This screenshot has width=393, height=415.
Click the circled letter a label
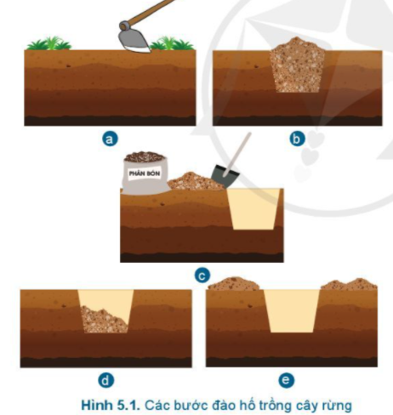(x=110, y=139)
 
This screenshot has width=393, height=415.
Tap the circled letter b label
(x=297, y=139)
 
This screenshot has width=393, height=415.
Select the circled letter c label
(x=202, y=276)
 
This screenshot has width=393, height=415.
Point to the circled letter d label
(x=105, y=380)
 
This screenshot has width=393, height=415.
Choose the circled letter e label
(x=286, y=380)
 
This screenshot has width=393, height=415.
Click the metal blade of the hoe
(x=134, y=40)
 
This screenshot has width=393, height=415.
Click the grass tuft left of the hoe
(x=48, y=43)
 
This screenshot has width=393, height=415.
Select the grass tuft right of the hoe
(x=172, y=43)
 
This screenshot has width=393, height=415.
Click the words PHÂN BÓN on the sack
(x=145, y=173)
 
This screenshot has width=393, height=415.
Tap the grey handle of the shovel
(x=237, y=155)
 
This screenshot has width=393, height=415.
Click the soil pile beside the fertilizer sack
(x=196, y=182)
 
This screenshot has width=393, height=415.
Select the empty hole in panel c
(x=253, y=209)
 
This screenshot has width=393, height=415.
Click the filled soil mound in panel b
(x=297, y=65)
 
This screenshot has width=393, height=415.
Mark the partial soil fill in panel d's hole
(x=104, y=321)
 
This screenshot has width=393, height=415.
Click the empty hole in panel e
(x=292, y=310)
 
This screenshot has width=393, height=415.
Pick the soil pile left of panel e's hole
(x=234, y=284)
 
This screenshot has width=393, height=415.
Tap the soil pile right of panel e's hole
(x=349, y=284)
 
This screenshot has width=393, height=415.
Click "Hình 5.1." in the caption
(x=111, y=405)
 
